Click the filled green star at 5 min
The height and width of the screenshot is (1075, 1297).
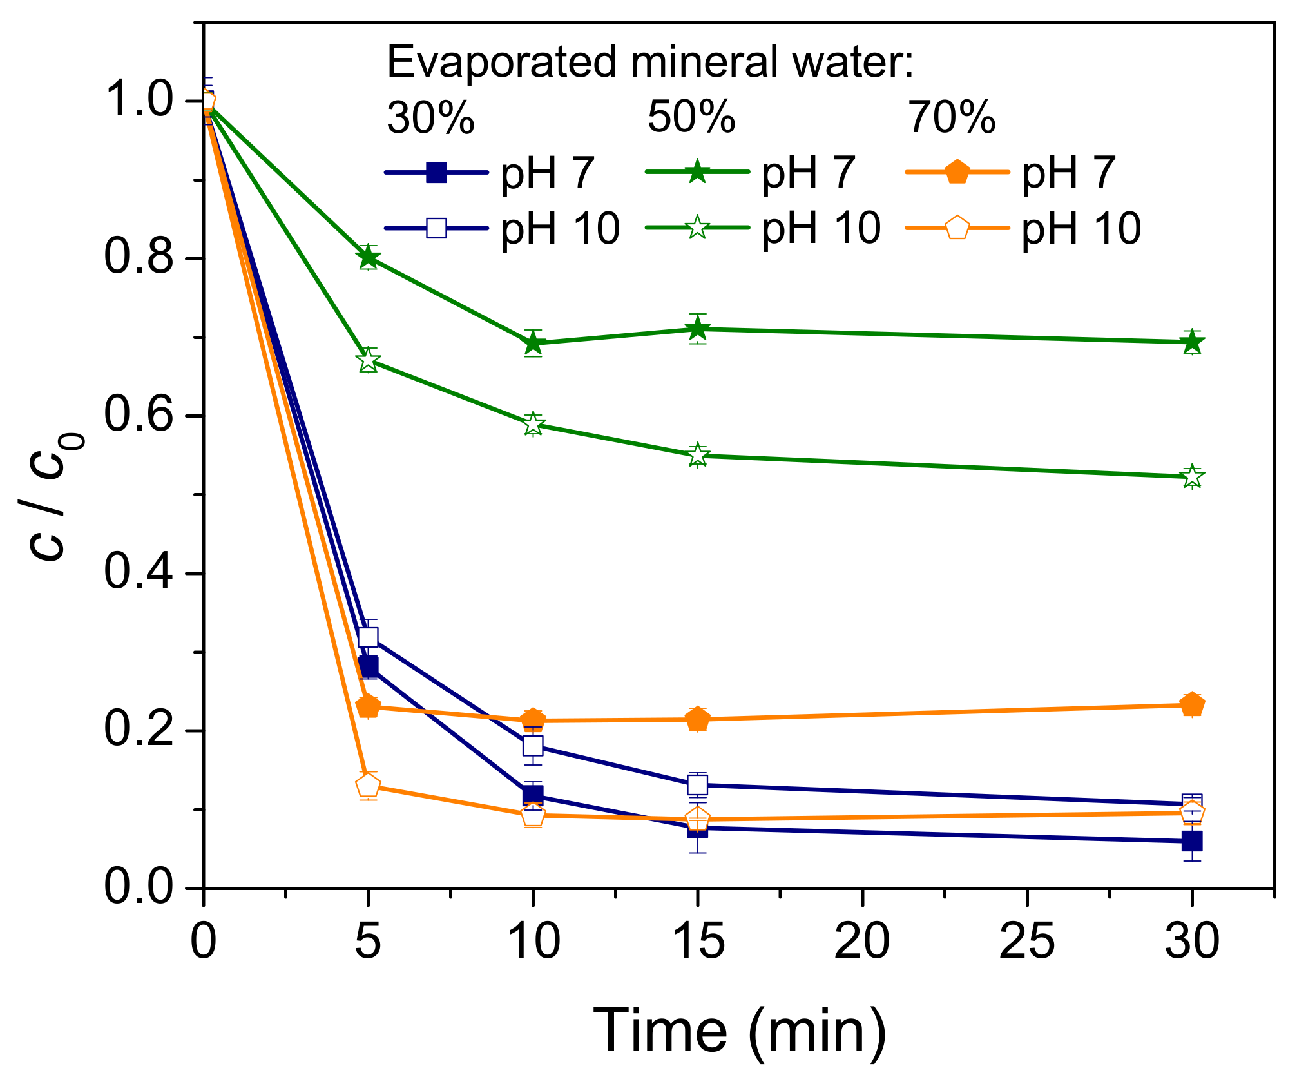[368, 258]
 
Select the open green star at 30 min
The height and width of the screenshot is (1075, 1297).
[1192, 477]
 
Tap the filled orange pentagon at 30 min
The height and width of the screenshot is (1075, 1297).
[1192, 705]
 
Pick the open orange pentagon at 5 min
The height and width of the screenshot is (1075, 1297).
[368, 786]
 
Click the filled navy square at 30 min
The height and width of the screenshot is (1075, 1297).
[1192, 841]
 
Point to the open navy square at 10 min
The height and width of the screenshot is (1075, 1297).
[533, 746]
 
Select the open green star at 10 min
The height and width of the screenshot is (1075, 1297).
[533, 424]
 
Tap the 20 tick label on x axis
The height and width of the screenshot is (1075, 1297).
[862, 942]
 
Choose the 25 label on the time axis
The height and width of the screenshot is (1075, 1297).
[1027, 942]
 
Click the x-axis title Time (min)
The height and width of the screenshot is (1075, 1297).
[739, 1030]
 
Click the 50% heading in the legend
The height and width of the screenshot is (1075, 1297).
[691, 117]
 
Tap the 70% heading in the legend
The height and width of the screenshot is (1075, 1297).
[952, 117]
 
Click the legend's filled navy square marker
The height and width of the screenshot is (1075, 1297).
[437, 173]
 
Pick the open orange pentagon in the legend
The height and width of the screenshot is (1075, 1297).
[957, 228]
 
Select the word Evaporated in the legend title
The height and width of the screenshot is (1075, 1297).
[503, 63]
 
